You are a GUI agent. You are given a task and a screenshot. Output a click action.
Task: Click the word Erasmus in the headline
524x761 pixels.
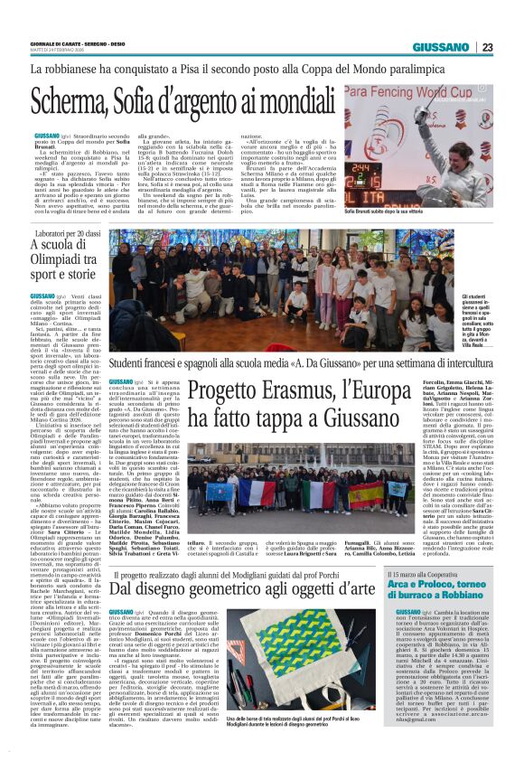pyautogui.click(x=285, y=392)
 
